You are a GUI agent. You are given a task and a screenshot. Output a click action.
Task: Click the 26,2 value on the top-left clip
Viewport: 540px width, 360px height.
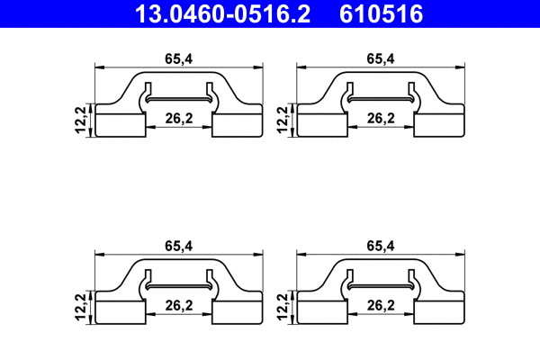[179, 118]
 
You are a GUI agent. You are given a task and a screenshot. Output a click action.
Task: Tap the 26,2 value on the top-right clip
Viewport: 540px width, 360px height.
[382, 118]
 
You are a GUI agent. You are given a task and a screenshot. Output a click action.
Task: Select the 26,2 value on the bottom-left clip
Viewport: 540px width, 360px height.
[179, 305]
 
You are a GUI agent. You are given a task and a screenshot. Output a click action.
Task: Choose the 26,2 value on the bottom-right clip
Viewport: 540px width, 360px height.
[382, 305]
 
